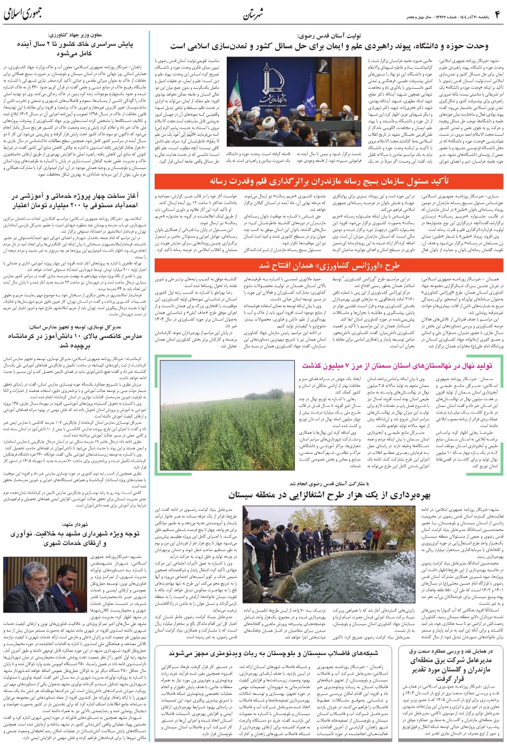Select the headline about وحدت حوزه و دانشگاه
coord(329,46)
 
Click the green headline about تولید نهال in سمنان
coord(396,366)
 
